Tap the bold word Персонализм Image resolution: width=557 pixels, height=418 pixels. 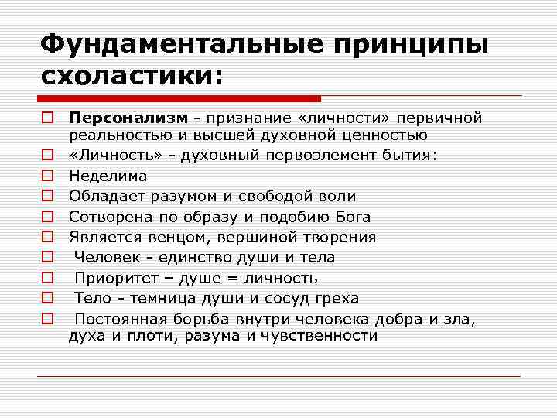pos(128,118)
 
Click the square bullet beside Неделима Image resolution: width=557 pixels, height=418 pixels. pos(48,176)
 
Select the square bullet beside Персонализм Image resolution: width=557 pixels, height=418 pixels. pos(48,118)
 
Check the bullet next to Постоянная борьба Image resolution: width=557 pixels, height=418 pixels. pos(48,318)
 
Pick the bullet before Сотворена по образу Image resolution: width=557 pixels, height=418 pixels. pos(48,217)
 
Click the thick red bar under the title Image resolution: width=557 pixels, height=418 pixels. pos(179,99)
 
